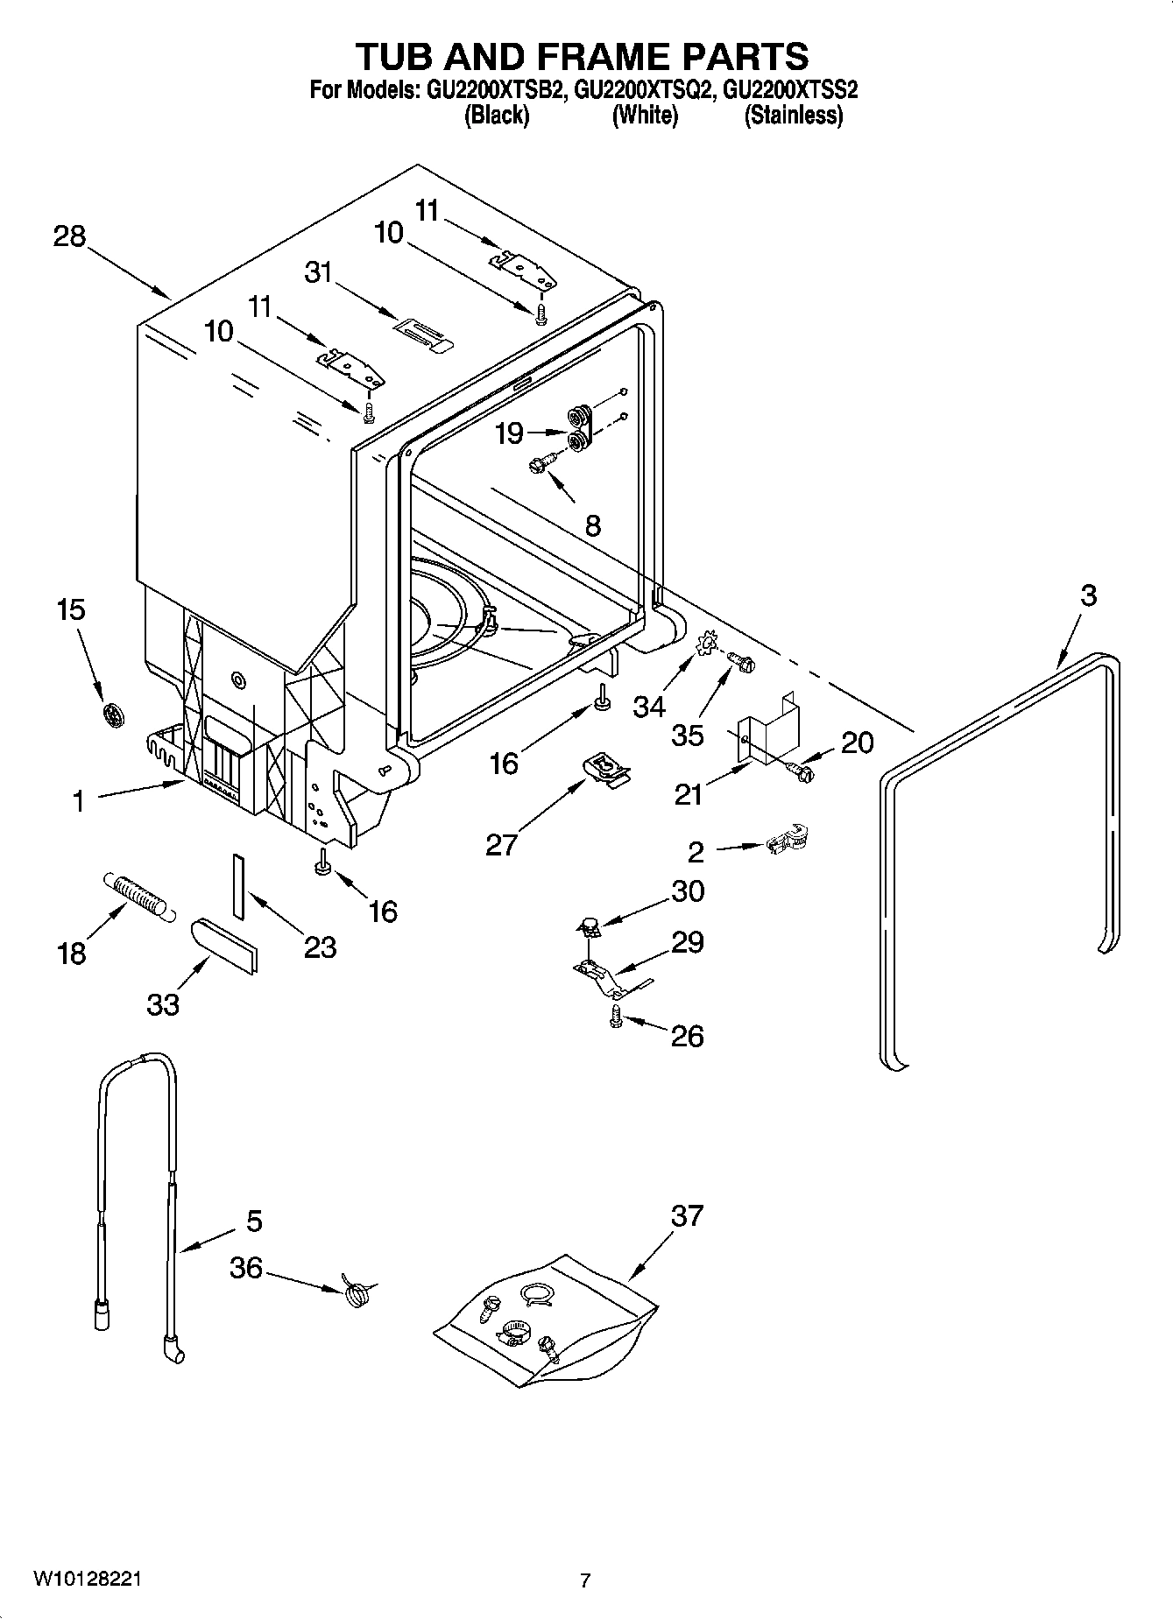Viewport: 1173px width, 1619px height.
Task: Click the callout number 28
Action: tap(69, 236)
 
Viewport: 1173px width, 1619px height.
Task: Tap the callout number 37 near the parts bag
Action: tap(687, 1215)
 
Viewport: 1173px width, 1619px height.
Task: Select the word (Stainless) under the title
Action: tap(793, 116)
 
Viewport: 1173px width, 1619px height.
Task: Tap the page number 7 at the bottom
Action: tap(585, 1580)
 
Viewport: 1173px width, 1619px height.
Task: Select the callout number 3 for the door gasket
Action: tap(1087, 595)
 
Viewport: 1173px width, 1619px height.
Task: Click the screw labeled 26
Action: tap(615, 1017)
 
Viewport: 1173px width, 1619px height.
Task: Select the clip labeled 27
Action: tap(605, 770)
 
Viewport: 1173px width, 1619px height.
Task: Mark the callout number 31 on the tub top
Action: tap(318, 272)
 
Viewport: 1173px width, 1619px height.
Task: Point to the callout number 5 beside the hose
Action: tap(254, 1221)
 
